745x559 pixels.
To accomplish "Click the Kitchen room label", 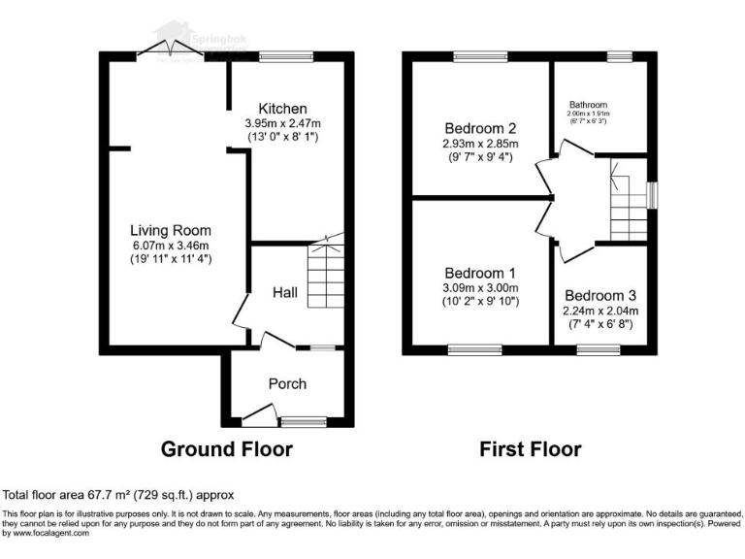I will (x=282, y=108).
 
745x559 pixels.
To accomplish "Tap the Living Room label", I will (x=171, y=230).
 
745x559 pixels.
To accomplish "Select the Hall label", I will (x=284, y=292).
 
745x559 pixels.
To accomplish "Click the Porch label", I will (x=287, y=383).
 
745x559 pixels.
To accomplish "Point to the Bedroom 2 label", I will (x=479, y=128).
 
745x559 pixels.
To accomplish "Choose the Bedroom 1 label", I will (x=479, y=273).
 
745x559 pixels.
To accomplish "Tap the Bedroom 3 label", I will (x=600, y=295).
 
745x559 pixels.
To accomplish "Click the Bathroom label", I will (x=588, y=104).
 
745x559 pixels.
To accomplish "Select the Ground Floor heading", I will (x=226, y=449).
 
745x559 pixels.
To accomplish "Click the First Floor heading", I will (x=530, y=449).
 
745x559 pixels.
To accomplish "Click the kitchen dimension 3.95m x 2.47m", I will (x=282, y=123).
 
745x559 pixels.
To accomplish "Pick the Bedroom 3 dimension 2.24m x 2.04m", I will (x=600, y=311).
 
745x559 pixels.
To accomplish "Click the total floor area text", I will (x=118, y=494).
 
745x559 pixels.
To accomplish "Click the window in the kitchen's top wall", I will (x=282, y=56).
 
